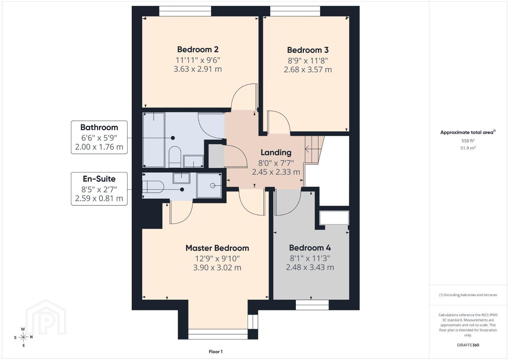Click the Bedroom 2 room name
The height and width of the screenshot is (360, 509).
(198, 49)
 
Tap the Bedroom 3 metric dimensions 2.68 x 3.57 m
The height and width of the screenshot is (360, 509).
(308, 70)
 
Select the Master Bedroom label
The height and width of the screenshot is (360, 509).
(217, 248)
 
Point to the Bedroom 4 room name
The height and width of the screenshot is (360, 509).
(310, 248)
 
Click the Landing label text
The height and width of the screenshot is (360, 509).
(276, 152)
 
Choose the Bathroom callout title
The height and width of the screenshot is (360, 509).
(99, 127)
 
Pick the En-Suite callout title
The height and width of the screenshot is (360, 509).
(99, 179)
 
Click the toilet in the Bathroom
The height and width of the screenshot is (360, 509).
(175, 157)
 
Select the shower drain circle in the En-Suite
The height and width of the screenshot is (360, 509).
(212, 186)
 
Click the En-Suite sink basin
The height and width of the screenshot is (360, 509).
(181, 178)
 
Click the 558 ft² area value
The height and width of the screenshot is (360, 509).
(468, 141)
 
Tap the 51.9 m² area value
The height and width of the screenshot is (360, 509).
(468, 148)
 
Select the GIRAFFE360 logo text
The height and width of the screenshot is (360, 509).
(468, 345)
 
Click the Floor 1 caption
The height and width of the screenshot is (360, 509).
(216, 352)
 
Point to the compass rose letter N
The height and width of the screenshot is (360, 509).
(31, 337)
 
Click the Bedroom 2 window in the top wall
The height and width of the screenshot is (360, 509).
(185, 11)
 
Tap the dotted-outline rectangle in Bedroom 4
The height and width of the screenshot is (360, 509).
(334, 218)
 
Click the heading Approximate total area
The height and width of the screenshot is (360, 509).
(468, 132)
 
